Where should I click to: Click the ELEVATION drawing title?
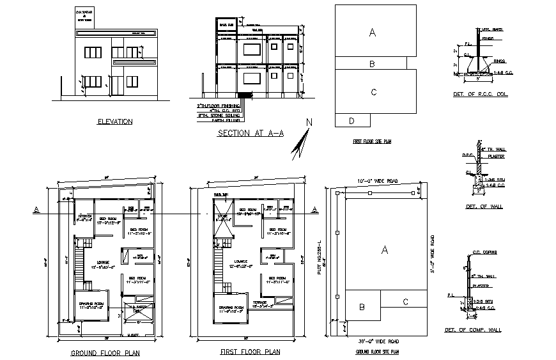(x=114, y=121)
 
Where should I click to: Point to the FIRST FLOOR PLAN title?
(x=250, y=352)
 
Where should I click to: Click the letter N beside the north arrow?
(x=309, y=123)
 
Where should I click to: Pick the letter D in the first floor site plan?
(x=351, y=120)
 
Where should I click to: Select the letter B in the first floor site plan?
(x=371, y=64)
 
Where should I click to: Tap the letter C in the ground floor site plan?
(x=405, y=302)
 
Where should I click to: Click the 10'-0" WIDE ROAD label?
(x=376, y=182)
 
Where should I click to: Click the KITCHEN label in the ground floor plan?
(x=85, y=216)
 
